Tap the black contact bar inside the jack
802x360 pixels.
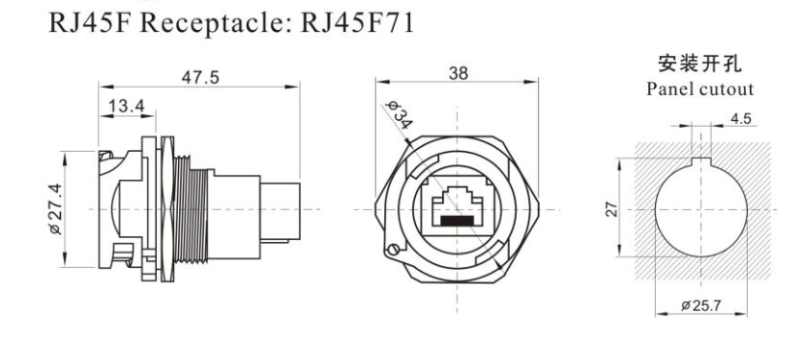click(x=460, y=221)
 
